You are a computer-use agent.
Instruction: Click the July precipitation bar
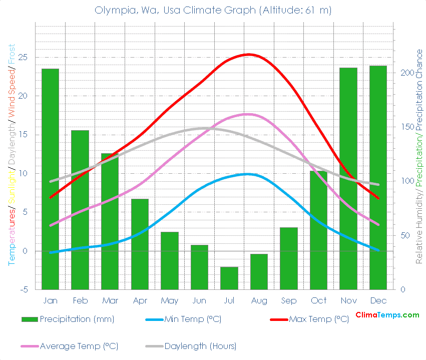coord(229,278)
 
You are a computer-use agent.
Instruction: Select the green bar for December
coord(378,178)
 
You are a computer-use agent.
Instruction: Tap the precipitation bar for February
coord(80,210)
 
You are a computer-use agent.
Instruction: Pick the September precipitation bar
coord(289,258)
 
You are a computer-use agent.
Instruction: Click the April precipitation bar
coord(140,244)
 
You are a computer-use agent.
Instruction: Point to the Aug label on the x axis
coord(259,300)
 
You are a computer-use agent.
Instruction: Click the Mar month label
coord(110,300)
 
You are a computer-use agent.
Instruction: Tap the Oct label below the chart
coord(318,300)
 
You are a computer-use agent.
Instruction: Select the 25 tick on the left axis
coord(23,58)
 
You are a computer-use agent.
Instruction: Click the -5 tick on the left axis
coord(23,290)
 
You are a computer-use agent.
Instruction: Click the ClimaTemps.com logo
coord(387,315)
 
